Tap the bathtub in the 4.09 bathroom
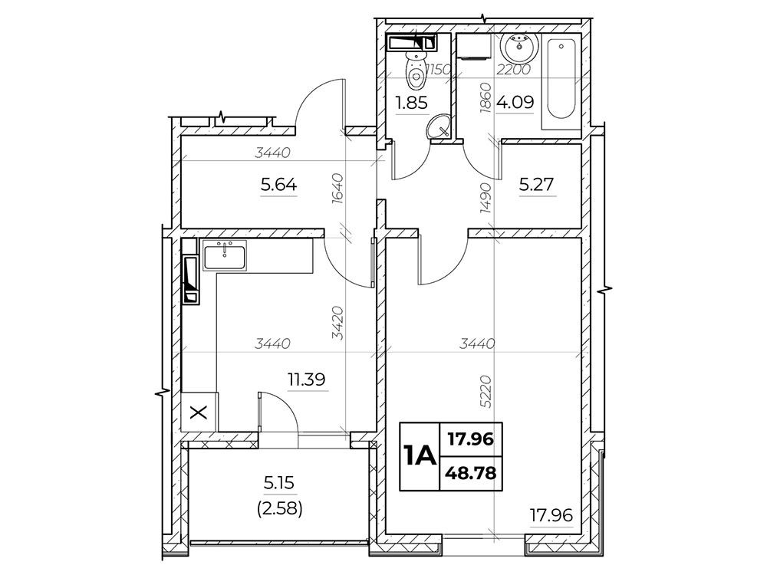[x=561, y=80]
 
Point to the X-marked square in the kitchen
[x=199, y=412]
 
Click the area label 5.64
[x=279, y=185]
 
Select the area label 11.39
[x=307, y=379]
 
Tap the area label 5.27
[x=536, y=184]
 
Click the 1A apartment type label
[x=420, y=456]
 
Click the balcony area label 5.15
[x=279, y=483]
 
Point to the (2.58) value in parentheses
[x=279, y=509]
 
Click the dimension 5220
[x=486, y=391]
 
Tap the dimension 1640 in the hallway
[x=338, y=189]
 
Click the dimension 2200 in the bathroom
[x=513, y=70]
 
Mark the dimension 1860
[x=486, y=98]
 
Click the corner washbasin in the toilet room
[x=439, y=126]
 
